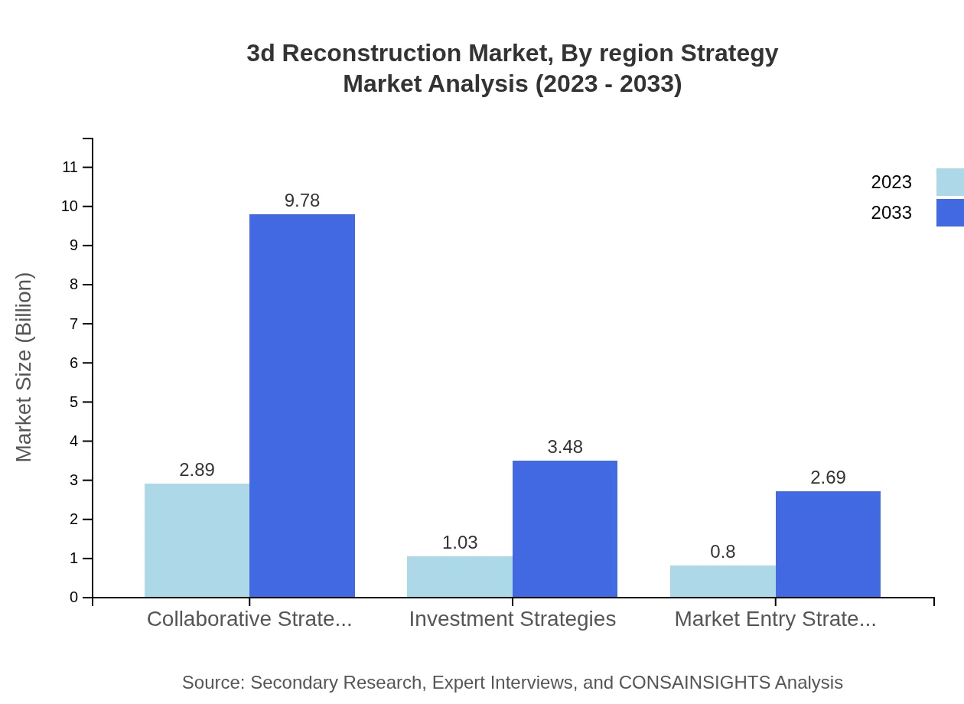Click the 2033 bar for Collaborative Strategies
point(302,406)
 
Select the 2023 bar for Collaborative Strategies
point(197,540)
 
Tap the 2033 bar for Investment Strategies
point(565,529)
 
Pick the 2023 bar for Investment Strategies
point(459,576)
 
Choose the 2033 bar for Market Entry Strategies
point(828,544)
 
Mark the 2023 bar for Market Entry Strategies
point(722,581)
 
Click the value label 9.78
point(302,200)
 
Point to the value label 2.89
point(197,470)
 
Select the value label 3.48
point(565,447)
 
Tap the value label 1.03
point(460,543)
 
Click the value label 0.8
point(722,552)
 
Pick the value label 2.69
point(828,477)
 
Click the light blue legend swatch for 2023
point(949,182)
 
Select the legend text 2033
point(891,213)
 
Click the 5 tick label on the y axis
point(74,402)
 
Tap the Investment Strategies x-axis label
point(512,618)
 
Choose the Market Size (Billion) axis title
point(24,367)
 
